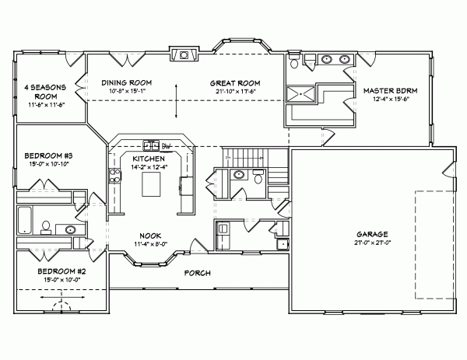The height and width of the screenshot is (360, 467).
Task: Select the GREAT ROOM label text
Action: (234, 82)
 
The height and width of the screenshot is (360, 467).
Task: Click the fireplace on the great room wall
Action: (183, 55)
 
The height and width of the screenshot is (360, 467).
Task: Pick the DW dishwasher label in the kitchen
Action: (166, 145)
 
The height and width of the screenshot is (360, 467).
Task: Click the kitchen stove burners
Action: (149, 145)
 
